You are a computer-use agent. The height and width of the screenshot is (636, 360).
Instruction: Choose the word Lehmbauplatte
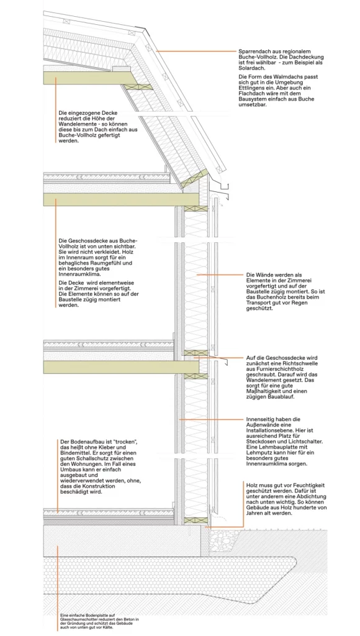pos(280,447)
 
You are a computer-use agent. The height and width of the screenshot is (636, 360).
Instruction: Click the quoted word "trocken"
pos(123,441)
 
